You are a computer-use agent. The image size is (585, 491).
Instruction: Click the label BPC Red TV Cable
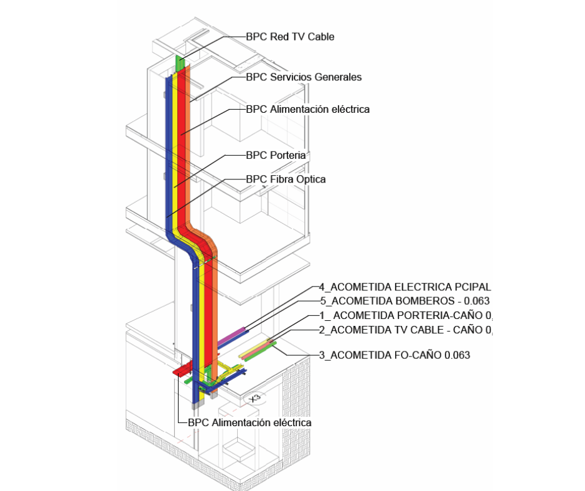(290, 37)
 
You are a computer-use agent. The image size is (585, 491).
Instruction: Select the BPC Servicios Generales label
(304, 77)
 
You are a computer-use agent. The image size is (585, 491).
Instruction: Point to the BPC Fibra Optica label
(286, 179)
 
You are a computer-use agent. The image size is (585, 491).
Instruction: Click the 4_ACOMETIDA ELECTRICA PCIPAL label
(405, 287)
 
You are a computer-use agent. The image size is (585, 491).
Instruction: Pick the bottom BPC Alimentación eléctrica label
(249, 422)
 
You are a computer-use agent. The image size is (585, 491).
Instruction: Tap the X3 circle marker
(253, 397)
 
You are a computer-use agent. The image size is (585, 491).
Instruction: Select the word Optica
(310, 179)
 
